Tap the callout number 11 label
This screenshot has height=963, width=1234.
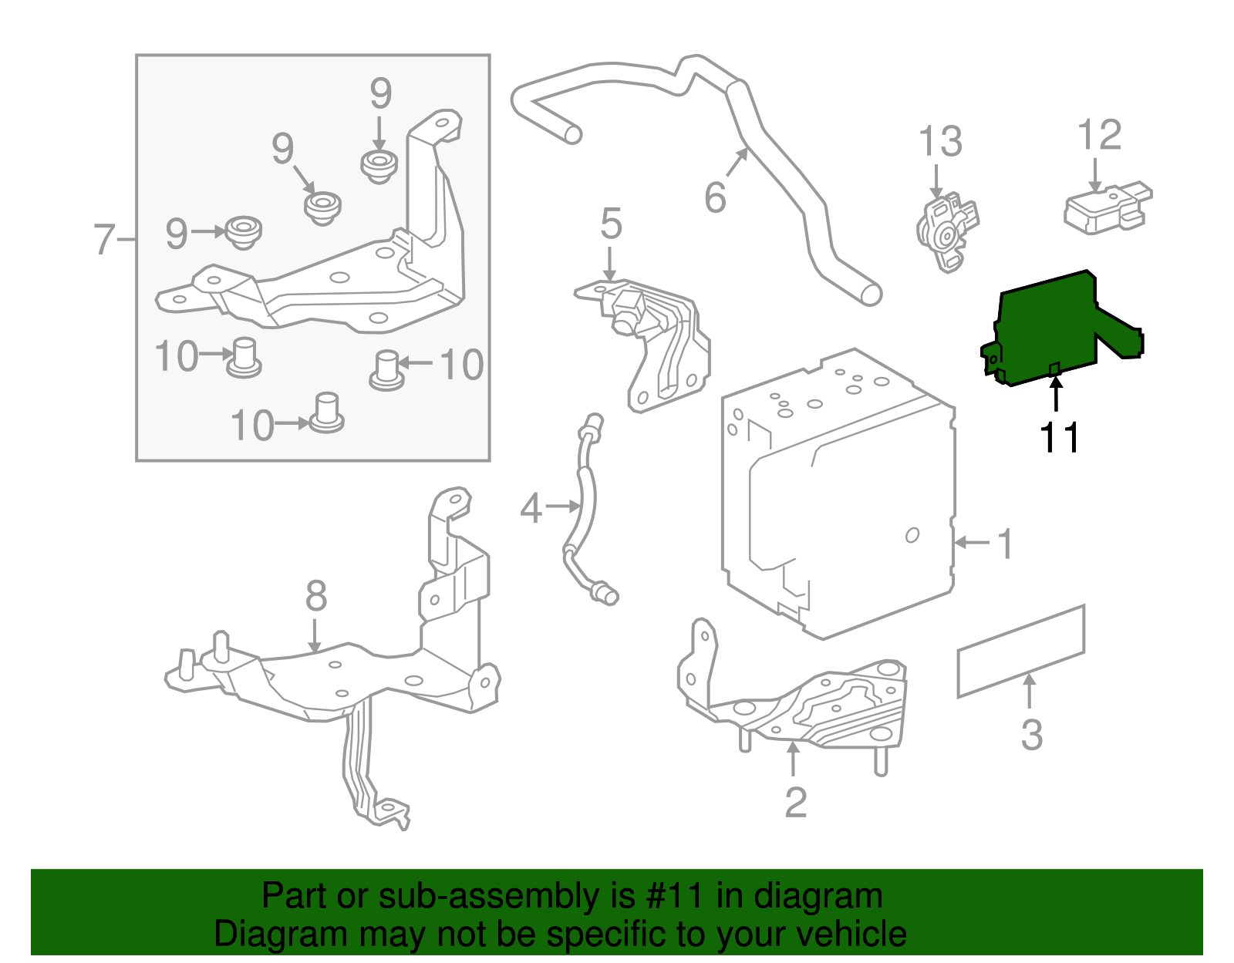point(1060,438)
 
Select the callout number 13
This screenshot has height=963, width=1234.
point(940,142)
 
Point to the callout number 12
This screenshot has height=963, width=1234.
point(1099,136)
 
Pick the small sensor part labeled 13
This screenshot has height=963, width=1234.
point(947,230)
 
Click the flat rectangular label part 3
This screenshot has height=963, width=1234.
point(1020,652)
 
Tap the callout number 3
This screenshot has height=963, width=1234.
point(1031,734)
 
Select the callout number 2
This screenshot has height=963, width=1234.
point(795,803)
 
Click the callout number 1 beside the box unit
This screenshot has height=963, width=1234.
point(1006,544)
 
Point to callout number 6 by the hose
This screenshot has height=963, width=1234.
point(715,197)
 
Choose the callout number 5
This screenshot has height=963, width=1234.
point(611,224)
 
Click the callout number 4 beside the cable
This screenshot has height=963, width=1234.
point(531,508)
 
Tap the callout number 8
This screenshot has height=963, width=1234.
point(316,596)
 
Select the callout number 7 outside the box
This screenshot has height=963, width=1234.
point(104,239)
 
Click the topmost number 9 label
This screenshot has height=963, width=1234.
point(380,94)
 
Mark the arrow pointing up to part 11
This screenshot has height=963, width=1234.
point(1056,392)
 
